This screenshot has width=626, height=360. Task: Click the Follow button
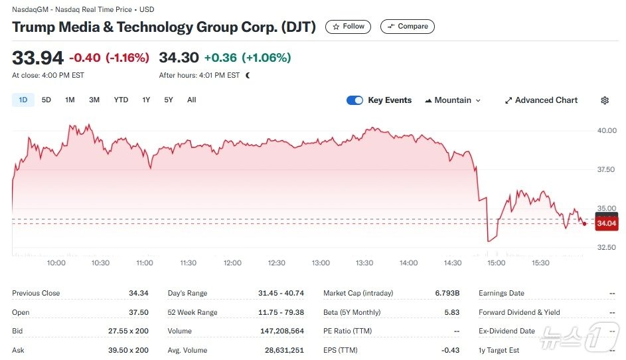pos(349,27)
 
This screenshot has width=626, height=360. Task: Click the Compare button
pos(408,27)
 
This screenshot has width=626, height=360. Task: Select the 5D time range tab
pos(46,100)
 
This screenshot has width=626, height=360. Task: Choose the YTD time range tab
pos(121,100)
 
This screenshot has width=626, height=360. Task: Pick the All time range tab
pos(192,100)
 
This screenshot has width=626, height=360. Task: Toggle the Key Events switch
pos(355,100)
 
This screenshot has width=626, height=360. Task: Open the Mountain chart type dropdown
pos(453,100)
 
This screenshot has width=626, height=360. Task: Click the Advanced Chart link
pos(541,100)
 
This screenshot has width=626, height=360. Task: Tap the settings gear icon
pos(605,100)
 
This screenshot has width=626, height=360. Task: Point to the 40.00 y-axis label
pos(607,130)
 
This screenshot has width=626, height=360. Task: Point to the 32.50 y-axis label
pos(607,248)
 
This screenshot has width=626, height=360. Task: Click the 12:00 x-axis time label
pos(232,263)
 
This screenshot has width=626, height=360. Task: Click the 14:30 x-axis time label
pos(453,263)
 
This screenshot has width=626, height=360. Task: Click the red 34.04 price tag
pos(607,224)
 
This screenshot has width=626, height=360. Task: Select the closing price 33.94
pos(38,58)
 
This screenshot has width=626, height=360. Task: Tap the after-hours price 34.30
pos(179,58)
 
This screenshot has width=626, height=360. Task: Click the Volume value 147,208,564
pos(282,331)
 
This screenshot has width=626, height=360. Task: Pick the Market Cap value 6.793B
pos(447,293)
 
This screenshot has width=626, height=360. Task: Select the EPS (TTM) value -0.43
pos(451,350)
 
